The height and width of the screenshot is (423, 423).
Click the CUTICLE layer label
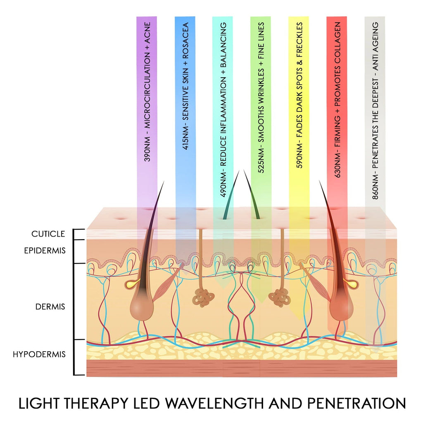click(48, 234)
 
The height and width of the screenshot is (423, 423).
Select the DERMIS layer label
click(50, 307)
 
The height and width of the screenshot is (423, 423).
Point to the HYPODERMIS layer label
click(39, 354)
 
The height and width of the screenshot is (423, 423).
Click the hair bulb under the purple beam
click(141, 308)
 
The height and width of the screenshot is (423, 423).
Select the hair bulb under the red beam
click(342, 308)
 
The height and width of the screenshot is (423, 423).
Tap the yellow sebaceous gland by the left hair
click(131, 284)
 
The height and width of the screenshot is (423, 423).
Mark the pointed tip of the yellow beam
click(298, 319)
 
